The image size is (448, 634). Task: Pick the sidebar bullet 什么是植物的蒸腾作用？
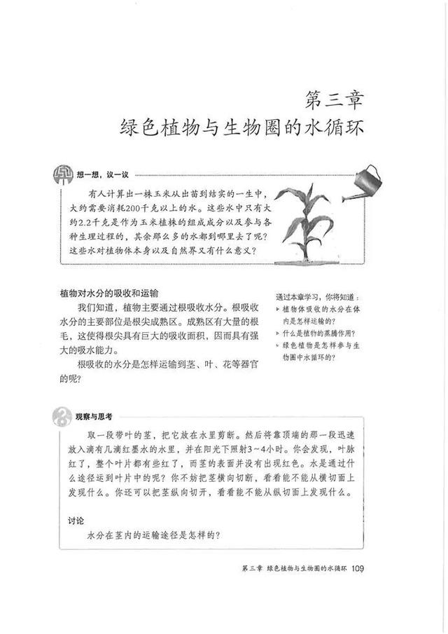[321, 333]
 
